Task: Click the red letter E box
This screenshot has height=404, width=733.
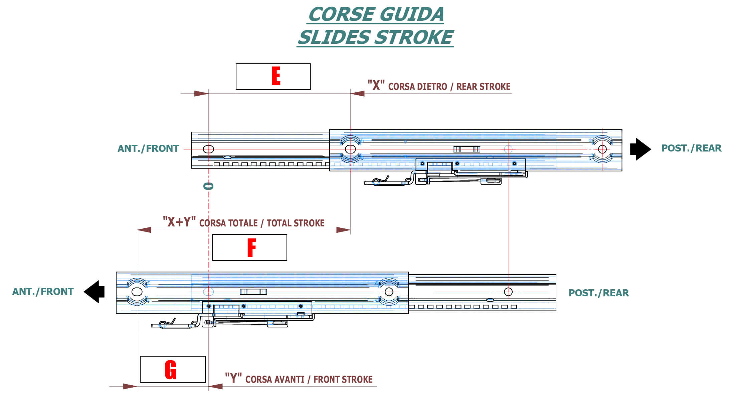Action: coord(273,77)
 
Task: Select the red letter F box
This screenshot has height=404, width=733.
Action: coord(249,247)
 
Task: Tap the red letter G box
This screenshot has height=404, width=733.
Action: coord(173,369)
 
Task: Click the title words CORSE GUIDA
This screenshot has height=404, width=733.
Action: coord(376,14)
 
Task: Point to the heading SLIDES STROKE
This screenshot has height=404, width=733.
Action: coord(375,37)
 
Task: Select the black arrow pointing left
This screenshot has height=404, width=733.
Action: coord(94,292)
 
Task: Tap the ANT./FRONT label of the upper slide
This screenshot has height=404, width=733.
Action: coord(148,148)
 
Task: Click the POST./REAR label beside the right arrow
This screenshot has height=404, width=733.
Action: coord(691,148)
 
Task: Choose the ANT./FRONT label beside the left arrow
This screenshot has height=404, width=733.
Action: coord(43,292)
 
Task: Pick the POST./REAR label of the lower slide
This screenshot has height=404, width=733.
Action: coord(598,293)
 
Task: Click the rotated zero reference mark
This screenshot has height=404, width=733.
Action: coord(208,186)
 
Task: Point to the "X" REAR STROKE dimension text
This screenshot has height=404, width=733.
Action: coord(439,86)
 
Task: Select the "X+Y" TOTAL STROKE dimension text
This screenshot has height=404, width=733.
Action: coord(244,222)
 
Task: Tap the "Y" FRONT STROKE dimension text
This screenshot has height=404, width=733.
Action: coord(299,379)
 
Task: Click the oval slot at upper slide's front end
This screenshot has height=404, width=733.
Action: coord(208,149)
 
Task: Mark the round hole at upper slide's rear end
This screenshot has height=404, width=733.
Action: coord(602,149)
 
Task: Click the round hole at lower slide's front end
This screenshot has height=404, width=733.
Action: coord(137,292)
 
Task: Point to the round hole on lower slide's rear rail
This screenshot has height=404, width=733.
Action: coord(508,292)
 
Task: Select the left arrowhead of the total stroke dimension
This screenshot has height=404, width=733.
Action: coord(144,230)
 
